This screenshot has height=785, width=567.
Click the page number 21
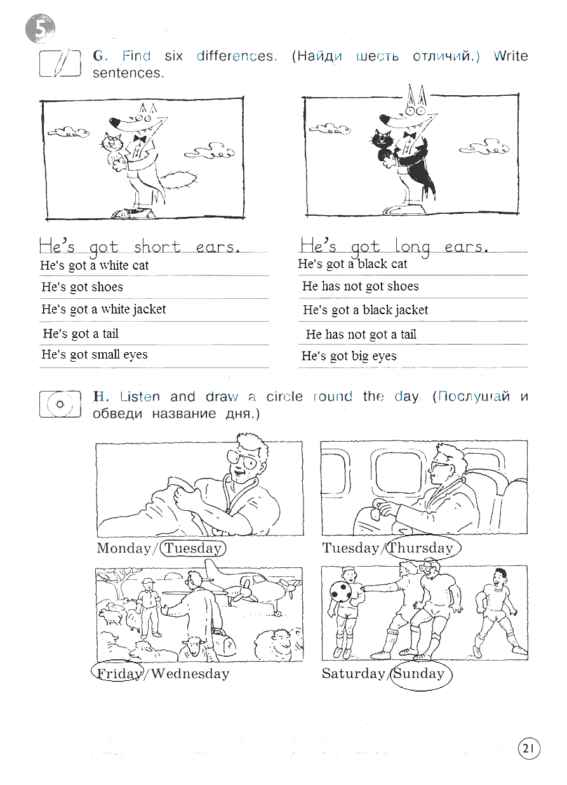tap(529, 749)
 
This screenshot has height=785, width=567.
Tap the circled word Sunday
tap(418, 673)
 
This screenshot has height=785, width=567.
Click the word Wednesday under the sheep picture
tap(190, 673)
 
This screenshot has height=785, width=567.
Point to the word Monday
tap(124, 548)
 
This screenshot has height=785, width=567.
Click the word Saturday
tap(354, 673)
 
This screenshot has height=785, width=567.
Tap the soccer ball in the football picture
tap(340, 591)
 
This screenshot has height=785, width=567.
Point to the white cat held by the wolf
tap(114, 150)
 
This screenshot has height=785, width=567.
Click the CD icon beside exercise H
tap(60, 404)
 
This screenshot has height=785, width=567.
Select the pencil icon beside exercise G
tap(60, 63)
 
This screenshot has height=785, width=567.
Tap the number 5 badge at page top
tap(41, 29)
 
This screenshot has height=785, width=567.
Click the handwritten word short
tap(157, 247)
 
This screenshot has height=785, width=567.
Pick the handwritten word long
tap(412, 247)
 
